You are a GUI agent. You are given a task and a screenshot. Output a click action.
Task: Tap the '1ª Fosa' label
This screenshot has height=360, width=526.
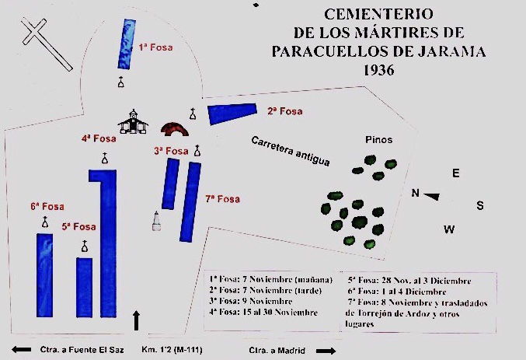coord(155,47)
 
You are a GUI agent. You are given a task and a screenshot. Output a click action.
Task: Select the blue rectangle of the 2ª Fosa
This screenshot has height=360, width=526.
coord(232,113)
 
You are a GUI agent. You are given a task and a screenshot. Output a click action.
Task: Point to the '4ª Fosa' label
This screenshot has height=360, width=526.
coord(99,139)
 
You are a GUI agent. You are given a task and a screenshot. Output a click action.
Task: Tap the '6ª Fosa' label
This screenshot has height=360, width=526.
coord(47,207)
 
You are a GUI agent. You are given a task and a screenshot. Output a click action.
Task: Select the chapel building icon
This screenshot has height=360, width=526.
coord(134,121)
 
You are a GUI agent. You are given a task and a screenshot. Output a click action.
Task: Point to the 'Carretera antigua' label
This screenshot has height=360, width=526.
coord(290,151)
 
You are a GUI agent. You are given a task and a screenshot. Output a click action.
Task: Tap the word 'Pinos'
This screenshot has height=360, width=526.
coord(378,140)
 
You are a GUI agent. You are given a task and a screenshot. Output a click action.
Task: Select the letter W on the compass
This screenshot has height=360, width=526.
coord(448,229)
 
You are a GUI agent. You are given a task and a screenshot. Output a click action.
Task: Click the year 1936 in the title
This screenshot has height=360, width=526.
coord(378,70)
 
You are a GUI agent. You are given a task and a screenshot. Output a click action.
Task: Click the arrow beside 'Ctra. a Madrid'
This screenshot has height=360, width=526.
coord(327,351)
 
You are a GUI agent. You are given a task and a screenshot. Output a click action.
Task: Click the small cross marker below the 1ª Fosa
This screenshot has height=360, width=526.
coord(120,83)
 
